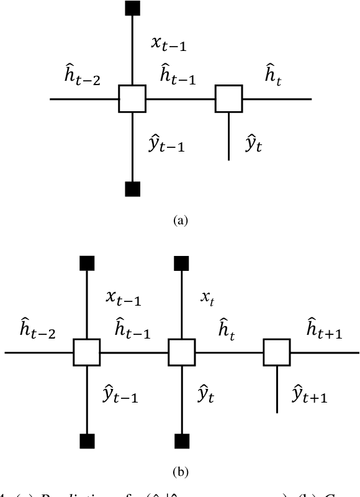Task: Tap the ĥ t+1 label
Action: pyautogui.click(x=325, y=329)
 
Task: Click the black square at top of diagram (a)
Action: pyautogui.click(x=132, y=8)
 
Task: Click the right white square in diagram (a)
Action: pyautogui.click(x=229, y=99)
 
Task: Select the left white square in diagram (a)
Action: pyautogui.click(x=132, y=99)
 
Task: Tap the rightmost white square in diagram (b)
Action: pyautogui.click(x=277, y=352)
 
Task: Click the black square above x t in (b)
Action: pyautogui.click(x=182, y=263)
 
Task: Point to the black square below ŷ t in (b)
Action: pyautogui.click(x=182, y=442)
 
